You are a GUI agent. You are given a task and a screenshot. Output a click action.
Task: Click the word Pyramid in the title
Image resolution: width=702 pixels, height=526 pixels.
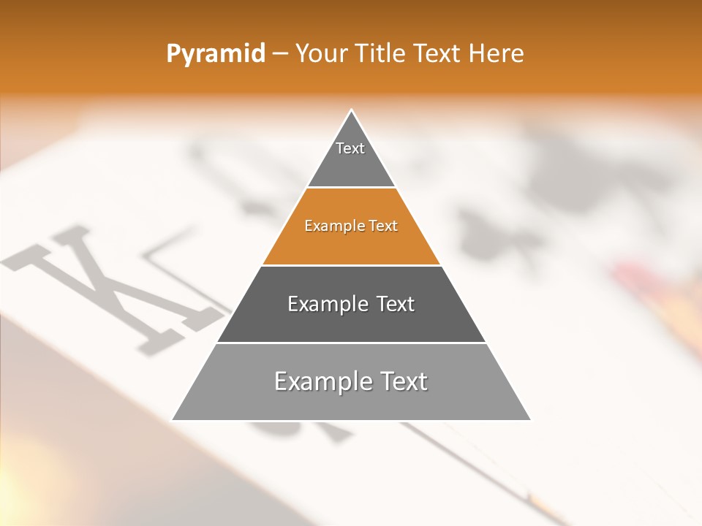216,54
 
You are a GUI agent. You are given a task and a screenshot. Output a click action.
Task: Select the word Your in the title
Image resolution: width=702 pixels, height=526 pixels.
319,53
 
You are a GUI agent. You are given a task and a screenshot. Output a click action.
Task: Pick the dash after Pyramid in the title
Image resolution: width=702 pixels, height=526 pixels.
280,54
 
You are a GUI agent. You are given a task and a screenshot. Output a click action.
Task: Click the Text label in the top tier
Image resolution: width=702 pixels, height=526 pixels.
350,148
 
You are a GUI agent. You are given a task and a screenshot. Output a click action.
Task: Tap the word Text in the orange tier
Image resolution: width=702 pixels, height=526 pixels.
384,226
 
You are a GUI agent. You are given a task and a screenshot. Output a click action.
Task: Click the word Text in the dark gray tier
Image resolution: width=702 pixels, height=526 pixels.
396,304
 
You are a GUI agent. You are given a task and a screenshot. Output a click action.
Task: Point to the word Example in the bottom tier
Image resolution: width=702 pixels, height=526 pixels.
322,381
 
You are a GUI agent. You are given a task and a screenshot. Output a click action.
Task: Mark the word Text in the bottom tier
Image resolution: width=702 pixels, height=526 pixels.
403,381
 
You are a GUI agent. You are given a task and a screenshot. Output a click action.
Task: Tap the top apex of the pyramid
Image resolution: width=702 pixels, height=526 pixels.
352,110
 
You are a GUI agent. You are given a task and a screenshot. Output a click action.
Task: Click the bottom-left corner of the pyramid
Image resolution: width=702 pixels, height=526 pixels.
173,419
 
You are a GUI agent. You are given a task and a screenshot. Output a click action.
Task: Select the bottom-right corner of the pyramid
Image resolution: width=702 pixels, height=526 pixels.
529,419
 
